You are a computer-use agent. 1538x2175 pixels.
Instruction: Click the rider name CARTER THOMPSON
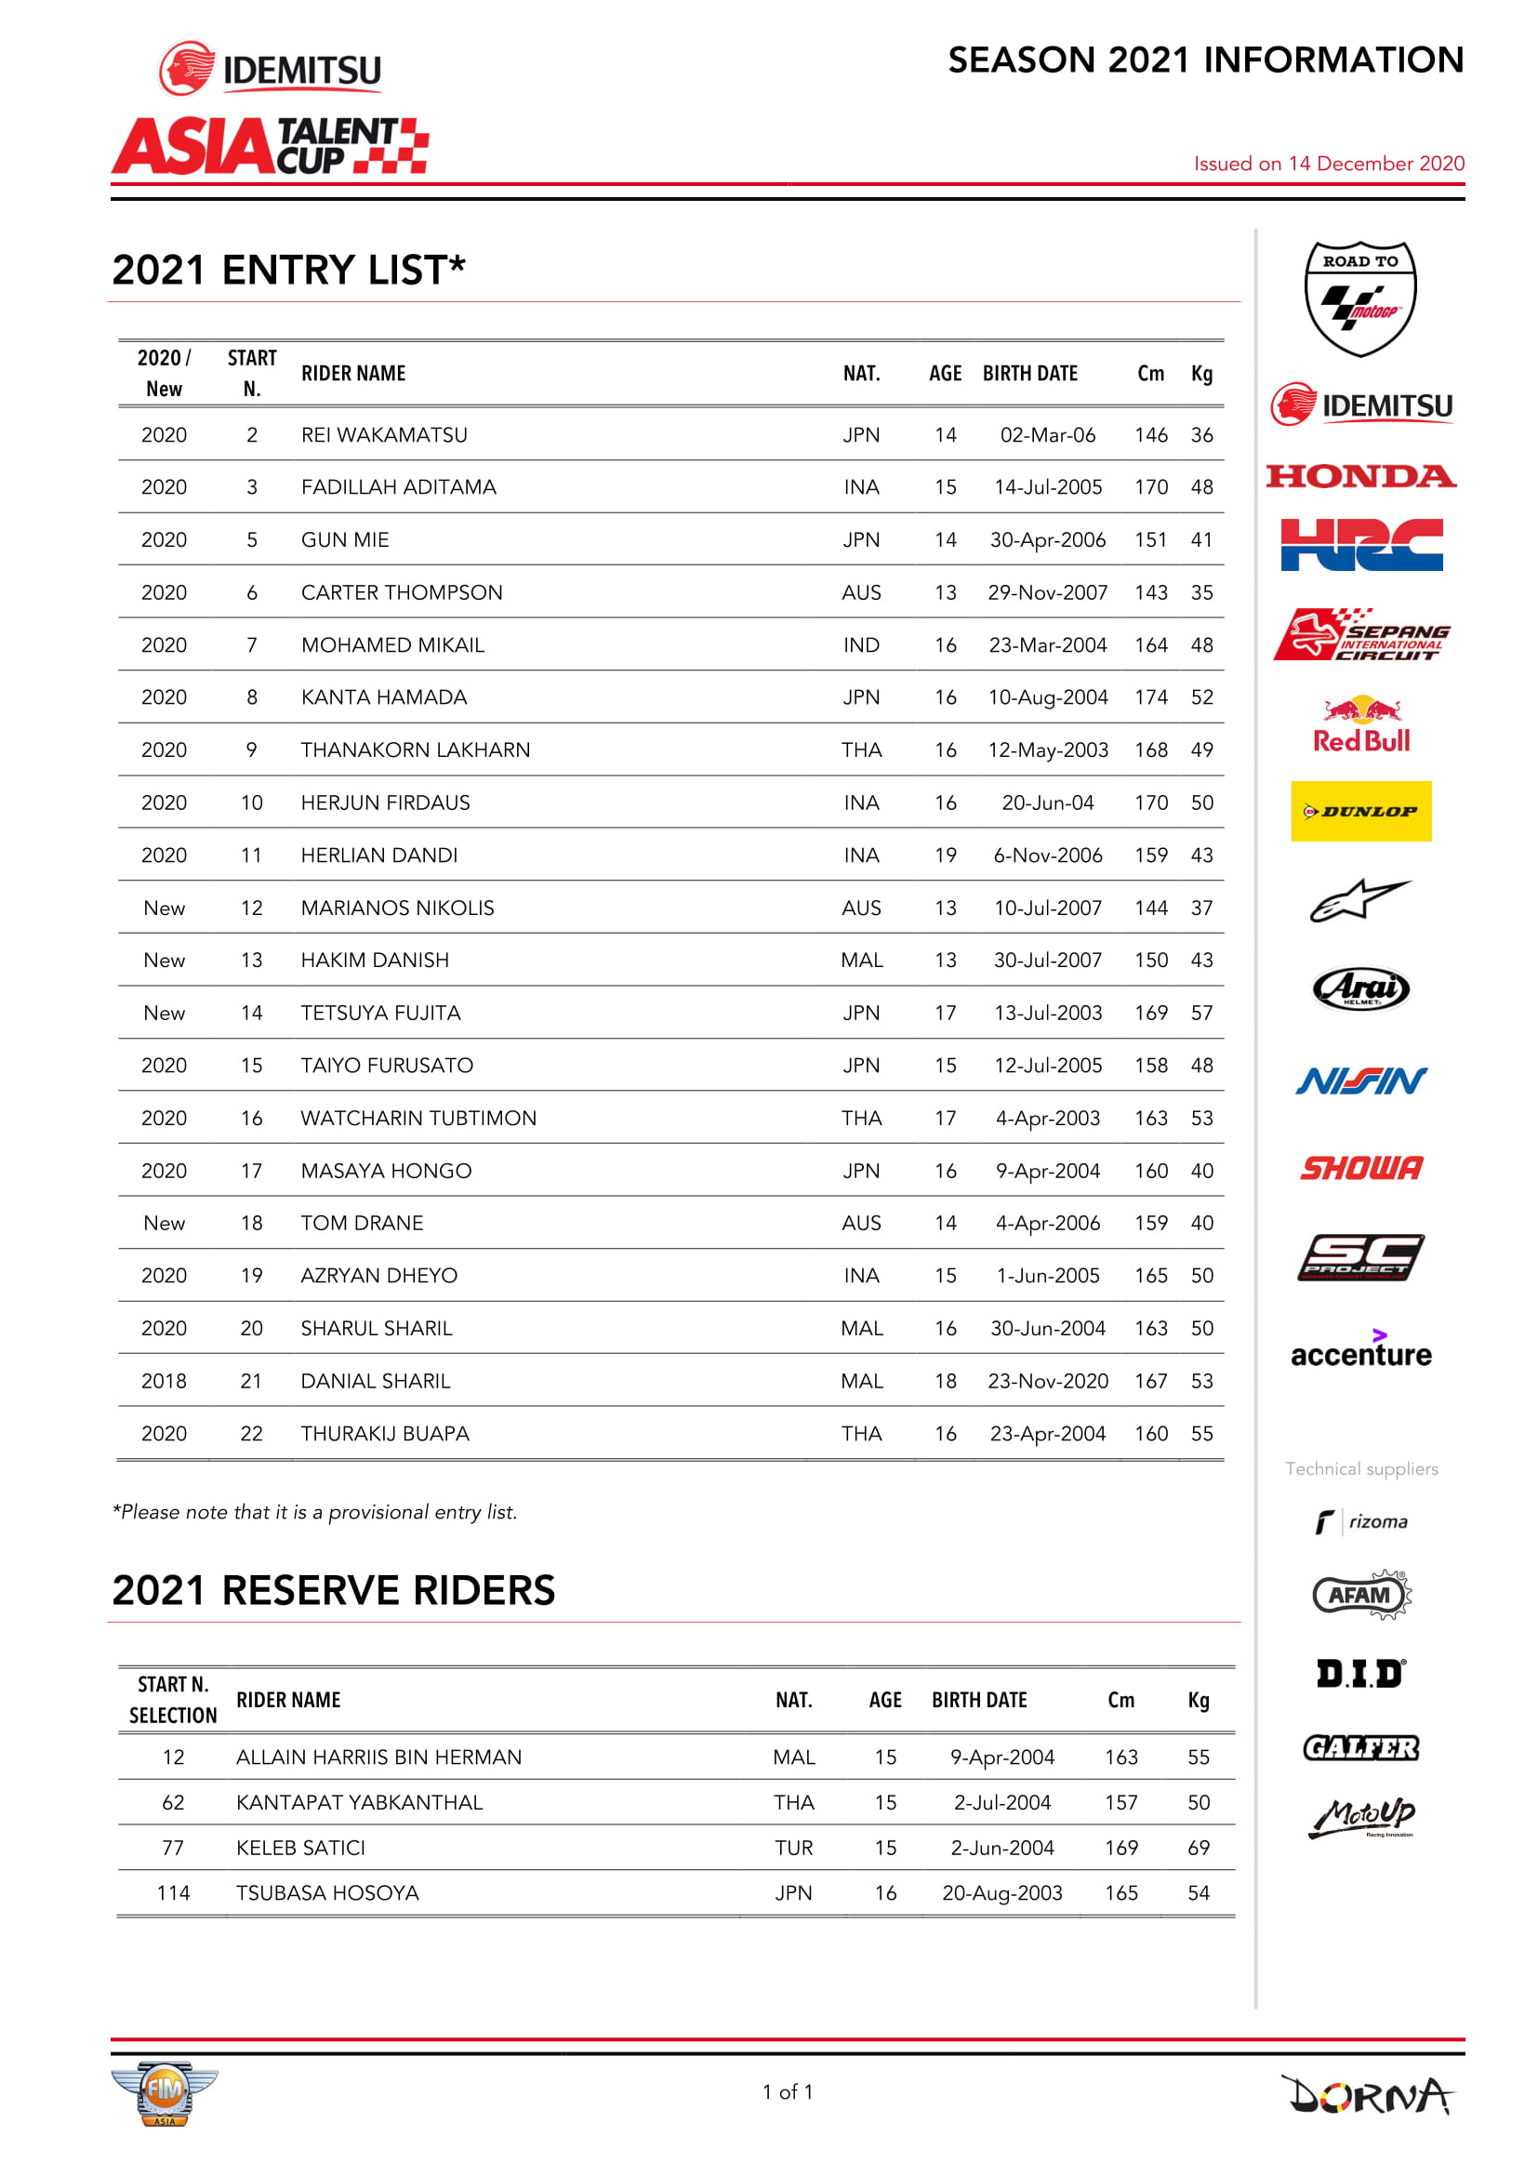click(x=402, y=592)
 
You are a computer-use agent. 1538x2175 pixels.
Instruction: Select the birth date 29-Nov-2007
click(x=1047, y=592)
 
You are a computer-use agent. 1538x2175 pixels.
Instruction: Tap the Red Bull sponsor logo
click(x=1361, y=724)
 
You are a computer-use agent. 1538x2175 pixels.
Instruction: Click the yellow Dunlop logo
click(x=1361, y=811)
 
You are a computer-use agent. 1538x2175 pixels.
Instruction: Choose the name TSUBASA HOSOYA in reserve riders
click(x=326, y=1891)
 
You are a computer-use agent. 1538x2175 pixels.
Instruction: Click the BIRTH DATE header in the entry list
click(x=1029, y=373)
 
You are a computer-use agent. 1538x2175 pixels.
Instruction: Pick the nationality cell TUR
click(x=793, y=1847)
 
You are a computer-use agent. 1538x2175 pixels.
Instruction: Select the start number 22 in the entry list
click(x=251, y=1433)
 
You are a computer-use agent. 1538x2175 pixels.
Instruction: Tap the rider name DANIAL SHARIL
click(x=375, y=1380)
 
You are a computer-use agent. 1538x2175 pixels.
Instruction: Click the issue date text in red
click(x=1329, y=164)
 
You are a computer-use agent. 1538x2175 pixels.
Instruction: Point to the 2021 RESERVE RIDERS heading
click(x=334, y=1590)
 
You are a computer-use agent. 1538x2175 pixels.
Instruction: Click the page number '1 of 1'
click(x=787, y=2090)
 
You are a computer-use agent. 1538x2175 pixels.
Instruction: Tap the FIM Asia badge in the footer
click(x=164, y=2091)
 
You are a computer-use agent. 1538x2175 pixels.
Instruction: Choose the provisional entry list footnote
click(x=314, y=1512)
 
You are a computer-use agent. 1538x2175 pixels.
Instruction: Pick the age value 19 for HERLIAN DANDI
click(x=945, y=855)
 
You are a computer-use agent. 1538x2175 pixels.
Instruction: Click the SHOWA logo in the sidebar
click(x=1361, y=1168)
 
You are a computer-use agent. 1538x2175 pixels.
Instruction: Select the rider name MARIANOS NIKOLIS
click(x=397, y=908)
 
